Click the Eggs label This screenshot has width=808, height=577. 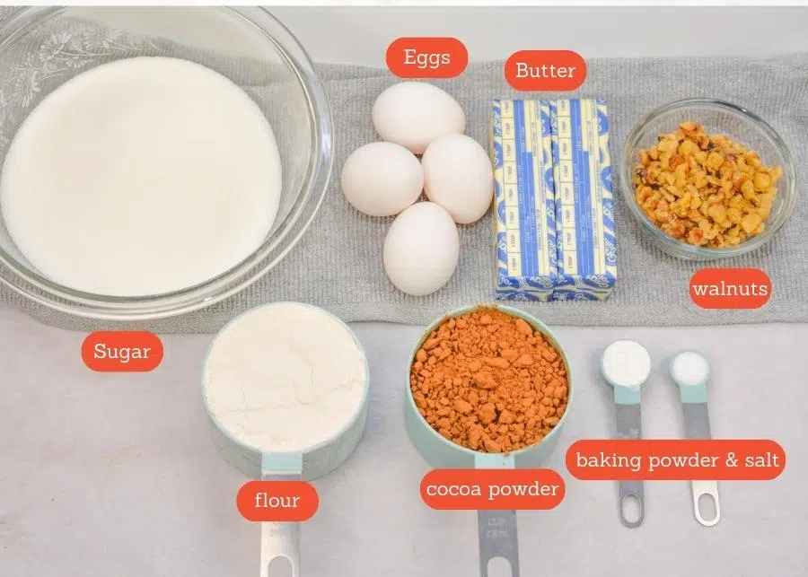[x=426, y=57]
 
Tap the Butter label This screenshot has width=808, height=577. [x=545, y=70]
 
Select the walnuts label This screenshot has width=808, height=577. [x=730, y=289]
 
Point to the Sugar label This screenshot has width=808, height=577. [x=122, y=352]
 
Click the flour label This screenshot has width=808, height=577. [x=277, y=501]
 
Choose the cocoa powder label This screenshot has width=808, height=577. [x=492, y=489]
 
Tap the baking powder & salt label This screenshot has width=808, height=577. [x=675, y=460]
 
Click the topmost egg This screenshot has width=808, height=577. [x=418, y=117]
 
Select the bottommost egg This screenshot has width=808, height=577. [x=421, y=249]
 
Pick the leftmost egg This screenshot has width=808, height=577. [x=382, y=179]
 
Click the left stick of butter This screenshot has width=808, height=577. [x=523, y=197]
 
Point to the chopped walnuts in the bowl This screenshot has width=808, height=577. [x=707, y=183]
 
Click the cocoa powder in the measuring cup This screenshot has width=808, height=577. [x=489, y=377]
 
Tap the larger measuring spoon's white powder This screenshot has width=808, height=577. [x=626, y=363]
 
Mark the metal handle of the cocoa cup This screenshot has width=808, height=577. [x=496, y=538]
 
